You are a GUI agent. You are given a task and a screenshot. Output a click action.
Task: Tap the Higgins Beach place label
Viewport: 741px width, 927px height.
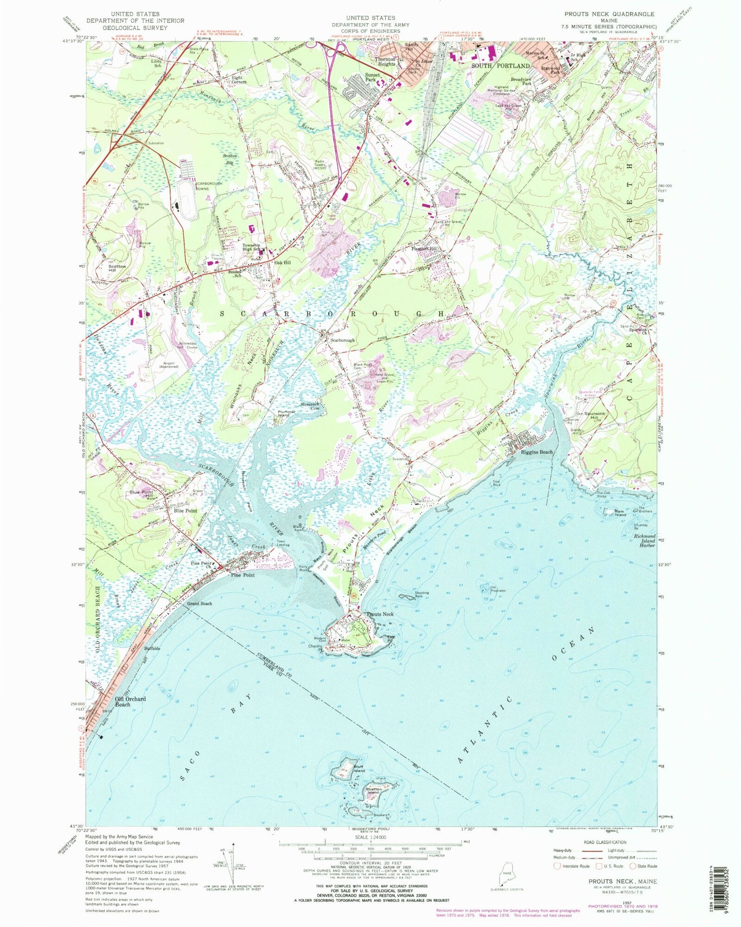pyautogui.click(x=532, y=452)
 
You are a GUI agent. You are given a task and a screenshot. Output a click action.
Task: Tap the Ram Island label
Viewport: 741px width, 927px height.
pyautogui.click(x=620, y=514)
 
